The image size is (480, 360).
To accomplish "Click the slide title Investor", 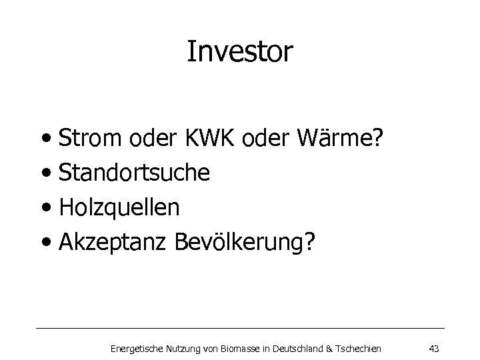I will pyautogui.click(x=239, y=52).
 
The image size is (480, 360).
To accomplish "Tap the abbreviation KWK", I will pyautogui.click(x=199, y=139).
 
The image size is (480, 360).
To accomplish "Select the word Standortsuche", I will pyautogui.click(x=135, y=173).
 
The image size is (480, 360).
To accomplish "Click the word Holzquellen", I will pyautogui.click(x=119, y=208).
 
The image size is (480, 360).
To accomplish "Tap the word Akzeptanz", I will pyautogui.click(x=113, y=243).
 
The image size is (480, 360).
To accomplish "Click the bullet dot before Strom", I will pyautogui.click(x=49, y=142).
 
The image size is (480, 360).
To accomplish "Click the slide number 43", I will pyautogui.click(x=433, y=348).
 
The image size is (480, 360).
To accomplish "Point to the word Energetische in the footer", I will pyautogui.click(x=133, y=348).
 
